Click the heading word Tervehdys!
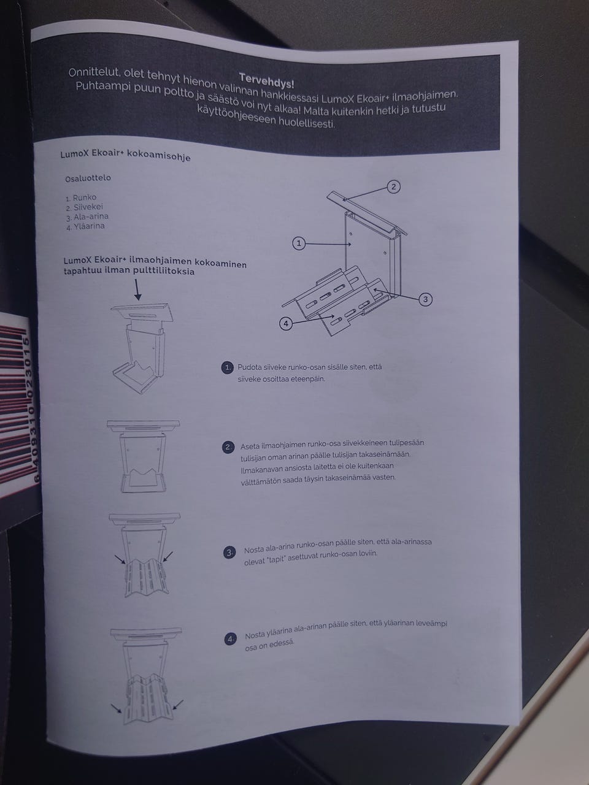266,80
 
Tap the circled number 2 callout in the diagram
393,186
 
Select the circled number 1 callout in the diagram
299,243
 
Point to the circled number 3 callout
425,299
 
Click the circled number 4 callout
286,324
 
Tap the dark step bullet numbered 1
228,367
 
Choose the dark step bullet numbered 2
228,447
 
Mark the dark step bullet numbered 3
229,553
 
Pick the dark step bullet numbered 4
231,639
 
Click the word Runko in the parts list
85,197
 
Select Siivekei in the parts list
88,207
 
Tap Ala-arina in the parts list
91,216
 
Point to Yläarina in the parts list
89,226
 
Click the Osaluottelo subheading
88,178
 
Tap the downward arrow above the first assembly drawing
137,289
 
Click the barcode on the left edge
17,404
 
